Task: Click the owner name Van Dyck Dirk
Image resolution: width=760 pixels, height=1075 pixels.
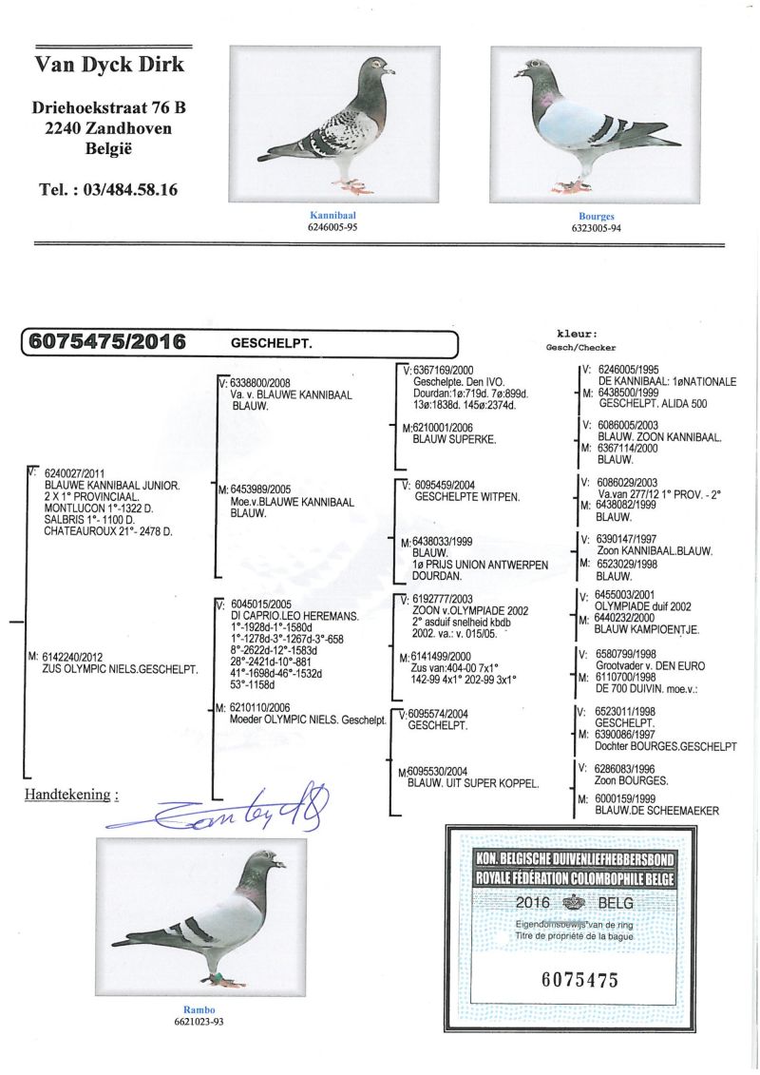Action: pos(110,65)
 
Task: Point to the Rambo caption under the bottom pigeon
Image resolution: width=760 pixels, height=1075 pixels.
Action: pos(200,1009)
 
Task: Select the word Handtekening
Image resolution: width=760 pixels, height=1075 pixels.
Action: pos(66,794)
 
